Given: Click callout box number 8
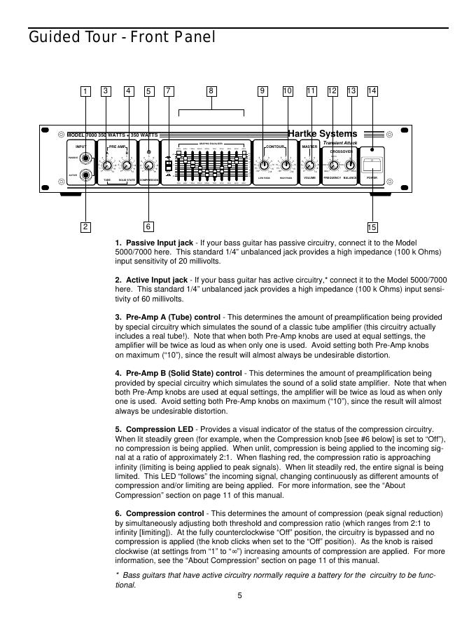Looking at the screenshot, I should (211, 91).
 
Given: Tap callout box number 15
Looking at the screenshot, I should (372, 226).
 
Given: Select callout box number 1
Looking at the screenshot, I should (85, 91).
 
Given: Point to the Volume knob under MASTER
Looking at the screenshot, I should (311, 166).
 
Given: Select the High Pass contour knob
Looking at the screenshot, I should (286, 166).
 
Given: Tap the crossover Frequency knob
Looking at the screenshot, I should (333, 166).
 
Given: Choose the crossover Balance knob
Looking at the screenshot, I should (351, 166).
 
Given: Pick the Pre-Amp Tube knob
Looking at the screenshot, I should (107, 166).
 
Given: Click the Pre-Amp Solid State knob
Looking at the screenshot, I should (127, 166).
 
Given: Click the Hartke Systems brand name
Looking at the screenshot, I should (323, 134).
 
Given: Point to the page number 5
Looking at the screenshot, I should (239, 596).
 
